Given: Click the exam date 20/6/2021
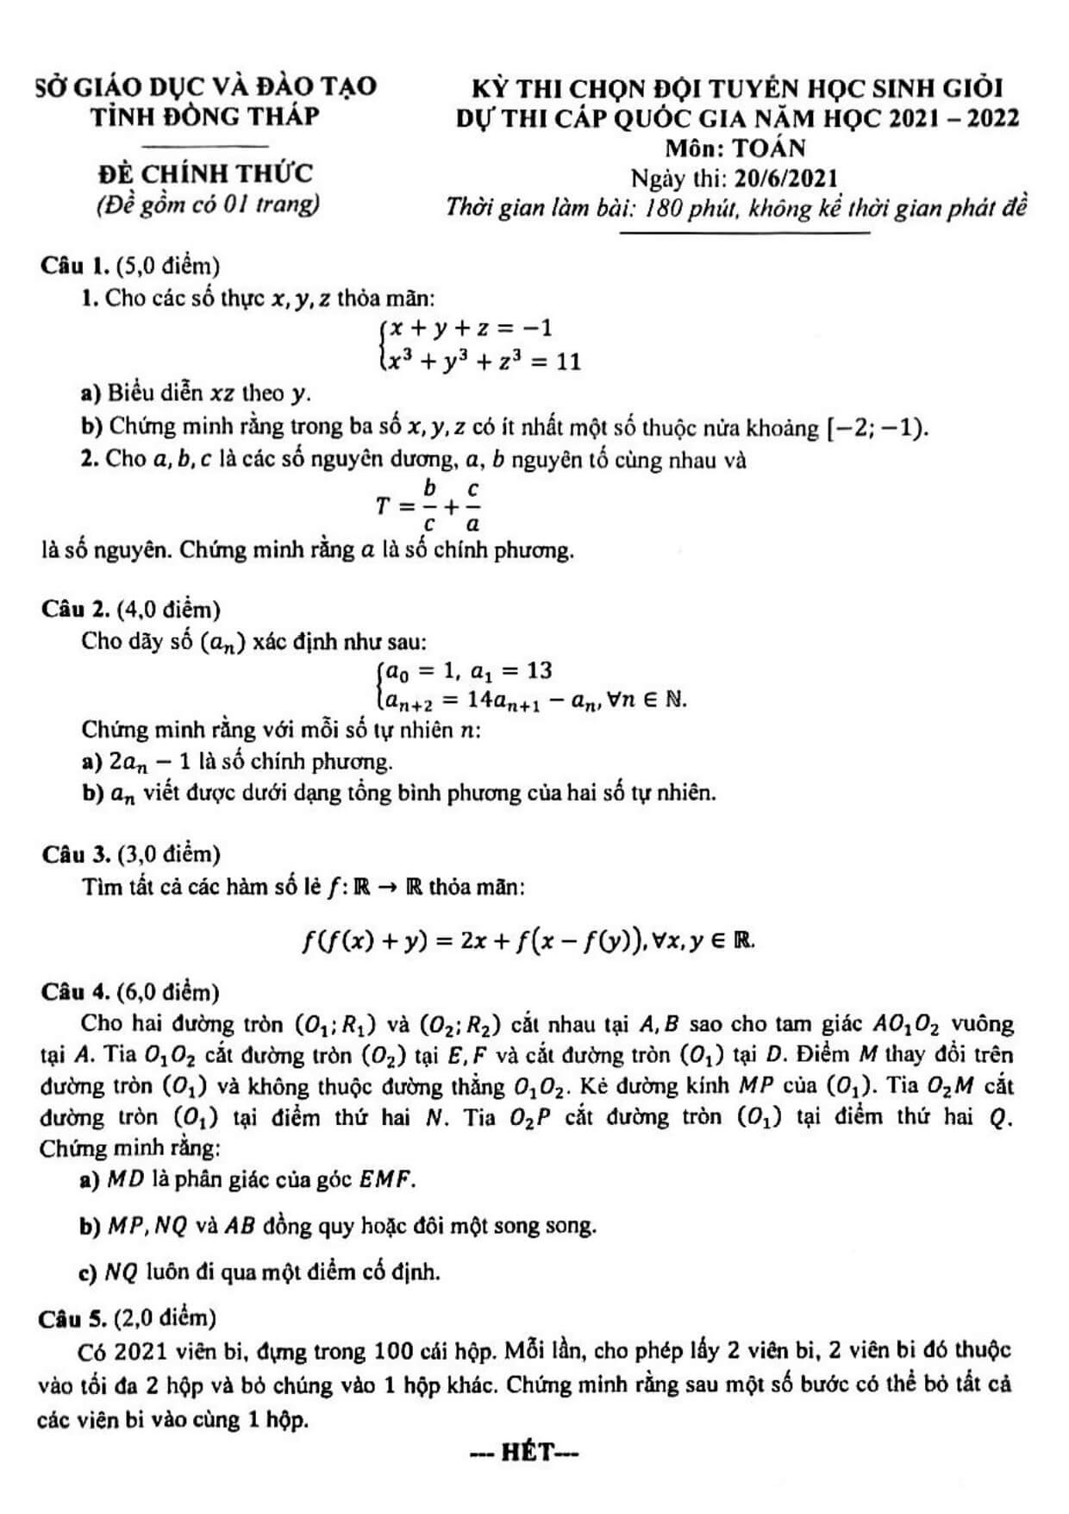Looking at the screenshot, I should pyautogui.click(x=785, y=179).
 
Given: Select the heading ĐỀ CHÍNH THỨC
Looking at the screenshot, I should pyautogui.click(x=205, y=173).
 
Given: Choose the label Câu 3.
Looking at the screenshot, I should pyautogui.click(x=75, y=854).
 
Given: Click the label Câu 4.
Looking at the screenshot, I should pyautogui.click(x=75, y=991).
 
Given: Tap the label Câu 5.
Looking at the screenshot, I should pyautogui.click(x=75, y=1317).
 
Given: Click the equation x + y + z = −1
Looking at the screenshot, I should pyautogui.click(x=471, y=328).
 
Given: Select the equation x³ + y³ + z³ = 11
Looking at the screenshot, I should pyautogui.click(x=483, y=361).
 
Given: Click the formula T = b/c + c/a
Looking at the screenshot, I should pyautogui.click(x=429, y=506).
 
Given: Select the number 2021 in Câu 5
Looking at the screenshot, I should pyautogui.click(x=141, y=1350).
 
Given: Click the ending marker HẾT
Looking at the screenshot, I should pyautogui.click(x=523, y=1453).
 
